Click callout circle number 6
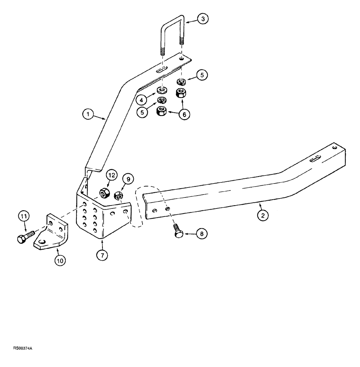pos(184,115)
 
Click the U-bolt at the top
pos(172,33)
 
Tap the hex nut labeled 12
pos(103,192)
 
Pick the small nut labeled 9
pos(119,196)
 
